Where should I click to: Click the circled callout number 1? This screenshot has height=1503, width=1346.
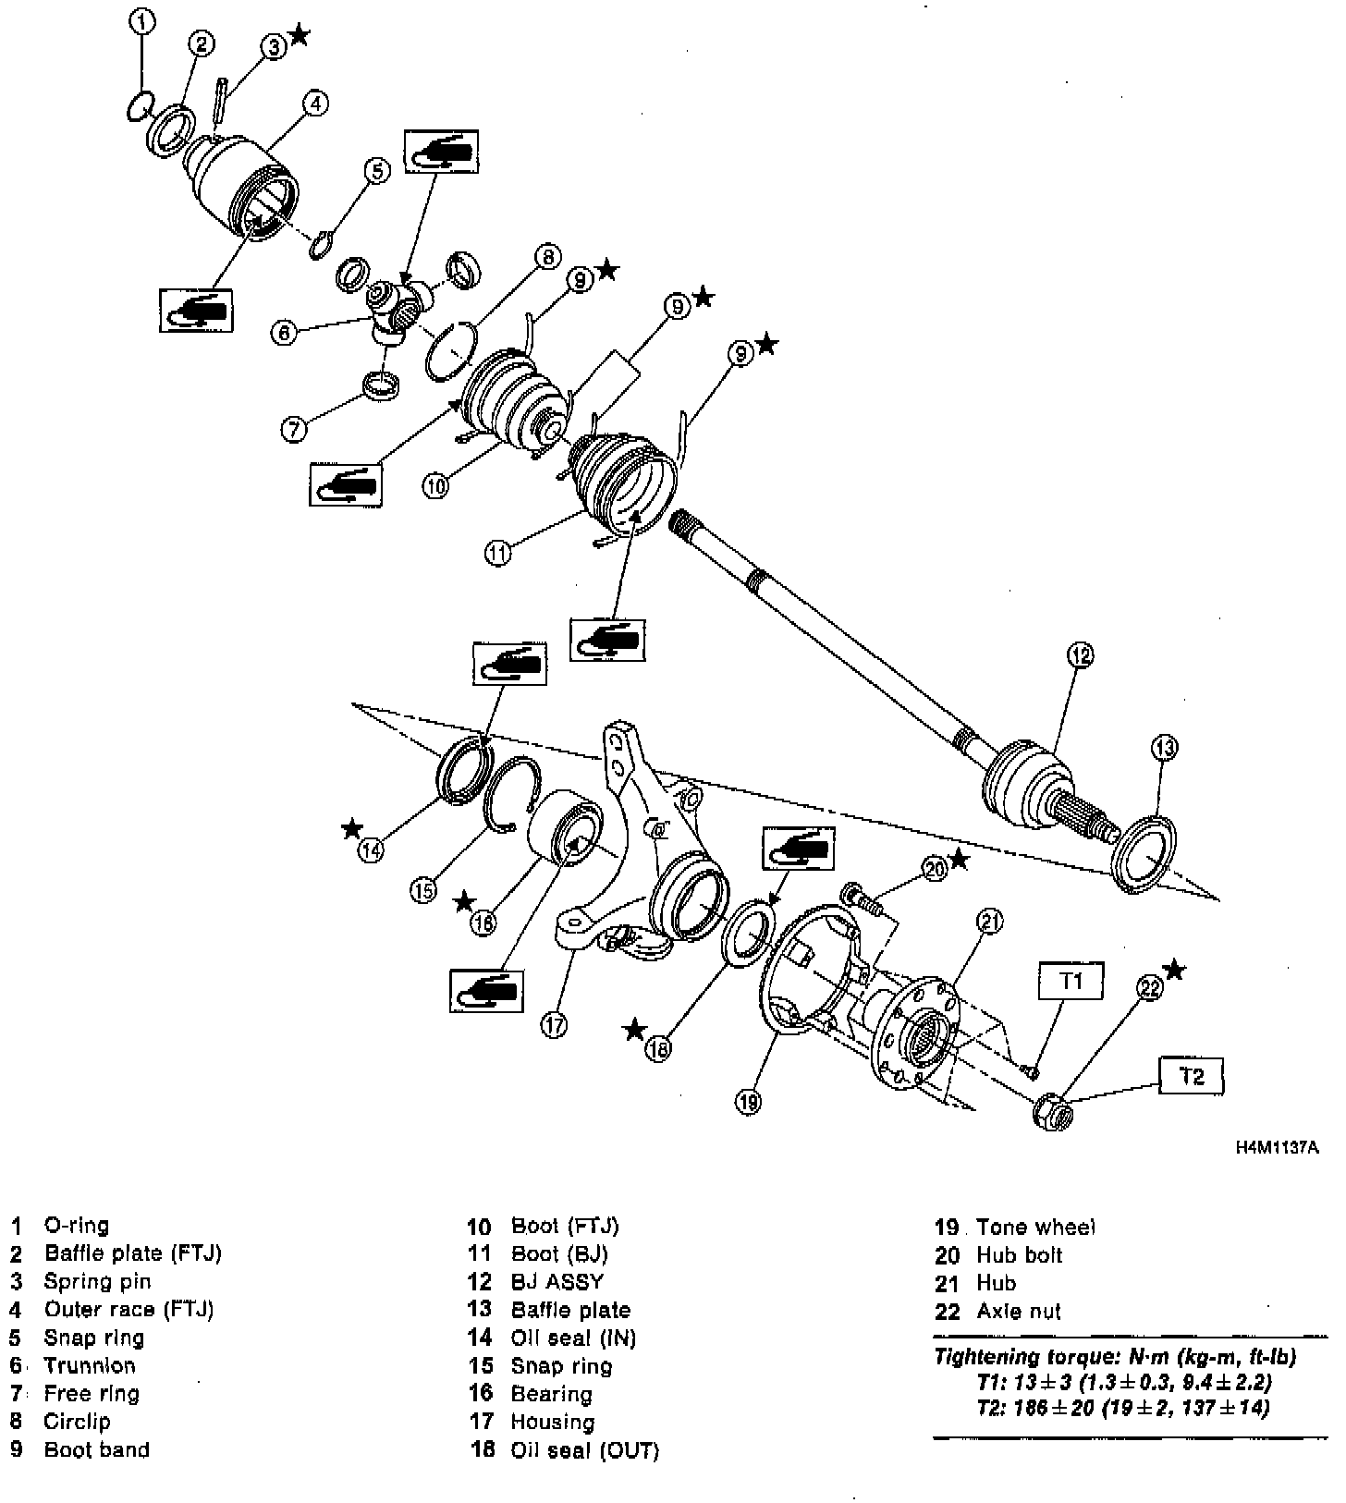[x=141, y=21]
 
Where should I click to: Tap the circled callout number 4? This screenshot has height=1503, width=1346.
[x=314, y=104]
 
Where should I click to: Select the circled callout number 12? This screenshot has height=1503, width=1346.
[x=1080, y=655]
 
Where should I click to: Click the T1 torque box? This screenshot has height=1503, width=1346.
[x=1071, y=981]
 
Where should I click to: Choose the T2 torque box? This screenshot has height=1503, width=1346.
[x=1193, y=1077]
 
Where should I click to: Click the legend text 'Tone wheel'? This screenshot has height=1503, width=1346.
[x=1035, y=1228]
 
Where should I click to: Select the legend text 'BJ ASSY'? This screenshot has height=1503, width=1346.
[x=557, y=1282]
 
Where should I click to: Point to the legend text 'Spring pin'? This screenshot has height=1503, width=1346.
[x=97, y=1281]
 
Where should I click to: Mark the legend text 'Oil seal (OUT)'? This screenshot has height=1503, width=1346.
[x=584, y=1450]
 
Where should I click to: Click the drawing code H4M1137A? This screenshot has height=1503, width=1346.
[x=1277, y=1149]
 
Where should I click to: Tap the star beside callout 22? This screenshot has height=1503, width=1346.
[x=1175, y=969]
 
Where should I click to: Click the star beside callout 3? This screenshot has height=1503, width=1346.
[x=299, y=35]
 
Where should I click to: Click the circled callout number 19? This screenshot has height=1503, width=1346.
[x=748, y=1101]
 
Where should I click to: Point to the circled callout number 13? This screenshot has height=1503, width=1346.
[x=1165, y=747]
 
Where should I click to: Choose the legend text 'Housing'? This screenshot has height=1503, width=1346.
[x=552, y=1422]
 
